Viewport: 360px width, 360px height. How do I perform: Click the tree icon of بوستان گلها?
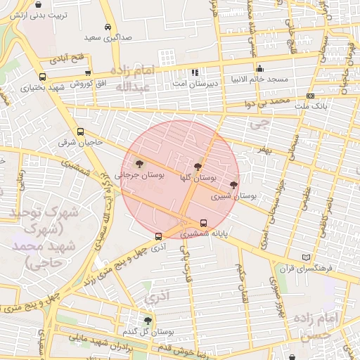click(x=198, y=167)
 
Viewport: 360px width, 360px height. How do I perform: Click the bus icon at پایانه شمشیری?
click(x=204, y=224)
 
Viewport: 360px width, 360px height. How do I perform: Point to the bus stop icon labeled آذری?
click(x=158, y=237)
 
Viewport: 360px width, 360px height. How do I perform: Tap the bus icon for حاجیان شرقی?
click(x=80, y=131)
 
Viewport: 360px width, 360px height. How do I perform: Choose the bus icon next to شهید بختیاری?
click(x=43, y=77)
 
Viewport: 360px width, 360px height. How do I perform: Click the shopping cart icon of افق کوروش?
click(x=88, y=72)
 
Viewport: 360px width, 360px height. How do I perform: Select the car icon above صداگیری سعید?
click(x=106, y=27)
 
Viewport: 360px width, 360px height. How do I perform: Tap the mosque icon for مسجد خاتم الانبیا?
click(x=260, y=69)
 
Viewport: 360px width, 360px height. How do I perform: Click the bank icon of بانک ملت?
click(x=311, y=95)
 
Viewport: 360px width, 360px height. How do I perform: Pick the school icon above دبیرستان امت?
click(x=195, y=72)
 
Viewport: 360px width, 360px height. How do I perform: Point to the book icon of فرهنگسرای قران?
click(x=304, y=257)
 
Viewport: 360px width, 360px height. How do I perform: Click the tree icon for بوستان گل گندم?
click(x=147, y=320)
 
